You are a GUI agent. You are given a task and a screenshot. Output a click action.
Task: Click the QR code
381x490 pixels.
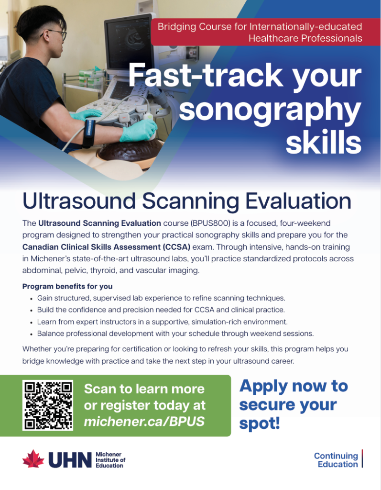tap(48, 405)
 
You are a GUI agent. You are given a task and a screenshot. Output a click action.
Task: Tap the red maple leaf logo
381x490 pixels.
tap(33, 459)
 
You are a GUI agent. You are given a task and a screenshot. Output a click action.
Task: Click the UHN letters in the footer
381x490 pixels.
tap(70, 460)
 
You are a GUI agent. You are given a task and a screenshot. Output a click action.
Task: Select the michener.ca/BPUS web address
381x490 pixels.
tap(144, 422)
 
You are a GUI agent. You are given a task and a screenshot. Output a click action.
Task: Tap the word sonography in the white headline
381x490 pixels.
tap(270, 109)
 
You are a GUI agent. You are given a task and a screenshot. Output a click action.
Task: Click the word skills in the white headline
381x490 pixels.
tap(324, 142)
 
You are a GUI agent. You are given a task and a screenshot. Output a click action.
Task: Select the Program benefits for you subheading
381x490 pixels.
tap(67, 286)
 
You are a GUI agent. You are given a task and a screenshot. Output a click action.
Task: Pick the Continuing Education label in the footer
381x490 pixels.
tap(336, 460)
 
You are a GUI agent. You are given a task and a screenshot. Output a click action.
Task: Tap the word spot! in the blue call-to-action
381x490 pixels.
tap(260, 423)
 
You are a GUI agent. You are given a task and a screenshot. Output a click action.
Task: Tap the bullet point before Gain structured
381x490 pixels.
tap(31, 299)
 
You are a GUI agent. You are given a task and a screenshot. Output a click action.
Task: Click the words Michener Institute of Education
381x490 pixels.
tap(110, 460)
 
